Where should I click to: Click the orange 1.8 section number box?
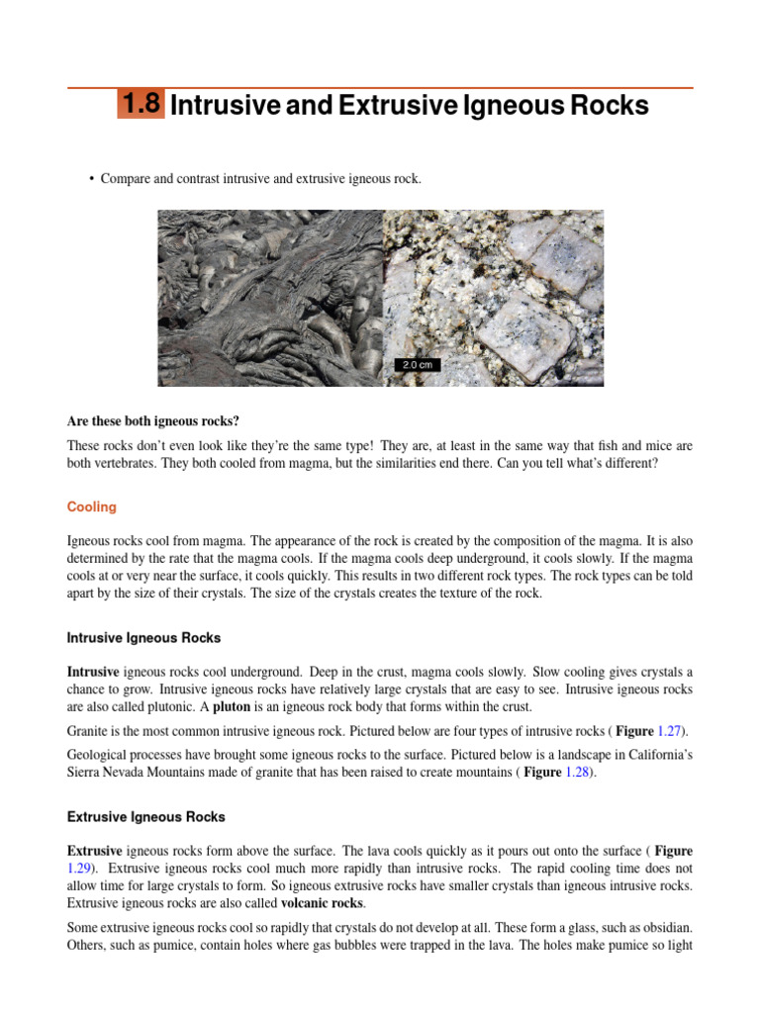(x=141, y=105)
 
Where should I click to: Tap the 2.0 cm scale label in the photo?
(x=417, y=365)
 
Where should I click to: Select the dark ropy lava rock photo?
(x=270, y=297)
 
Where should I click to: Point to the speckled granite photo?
(x=493, y=297)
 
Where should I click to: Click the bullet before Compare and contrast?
(x=91, y=179)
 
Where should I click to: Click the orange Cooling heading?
(x=92, y=507)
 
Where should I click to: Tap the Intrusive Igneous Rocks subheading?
(x=143, y=638)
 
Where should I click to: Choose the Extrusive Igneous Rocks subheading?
(x=145, y=817)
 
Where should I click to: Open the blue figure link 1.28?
(x=578, y=773)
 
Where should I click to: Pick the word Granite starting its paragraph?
(x=88, y=731)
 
